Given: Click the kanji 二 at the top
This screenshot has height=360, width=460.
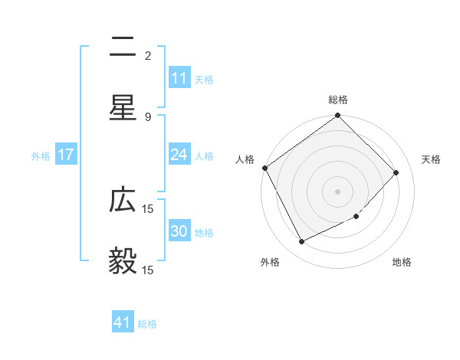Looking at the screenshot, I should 123,48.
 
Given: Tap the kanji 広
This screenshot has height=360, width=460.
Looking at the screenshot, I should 123,200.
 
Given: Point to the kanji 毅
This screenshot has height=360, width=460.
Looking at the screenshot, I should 123,261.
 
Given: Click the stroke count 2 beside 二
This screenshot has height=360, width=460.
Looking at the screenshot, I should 147,55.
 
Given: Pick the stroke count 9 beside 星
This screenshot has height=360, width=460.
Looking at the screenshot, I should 147,116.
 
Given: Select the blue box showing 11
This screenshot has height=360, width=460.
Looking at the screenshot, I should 179,78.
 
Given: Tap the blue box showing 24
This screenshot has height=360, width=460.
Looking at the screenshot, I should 179,155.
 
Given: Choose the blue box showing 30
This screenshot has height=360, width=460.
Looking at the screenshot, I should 179,231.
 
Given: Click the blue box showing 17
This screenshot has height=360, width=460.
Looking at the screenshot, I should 66,155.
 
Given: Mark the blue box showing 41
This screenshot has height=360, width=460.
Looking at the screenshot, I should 123,322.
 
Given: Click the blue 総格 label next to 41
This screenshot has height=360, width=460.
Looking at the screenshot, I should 147,324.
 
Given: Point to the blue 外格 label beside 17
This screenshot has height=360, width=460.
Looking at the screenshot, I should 41,155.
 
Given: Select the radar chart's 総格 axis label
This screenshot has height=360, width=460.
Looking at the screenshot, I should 338,100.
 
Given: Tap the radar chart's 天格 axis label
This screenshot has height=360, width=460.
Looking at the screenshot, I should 431,159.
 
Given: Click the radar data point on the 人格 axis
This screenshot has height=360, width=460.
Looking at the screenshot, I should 264,168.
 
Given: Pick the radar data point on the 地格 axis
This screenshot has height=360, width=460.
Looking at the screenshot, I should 356,216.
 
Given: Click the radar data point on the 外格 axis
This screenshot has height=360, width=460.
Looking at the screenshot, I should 301,241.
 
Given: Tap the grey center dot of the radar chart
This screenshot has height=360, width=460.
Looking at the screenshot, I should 338,191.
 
